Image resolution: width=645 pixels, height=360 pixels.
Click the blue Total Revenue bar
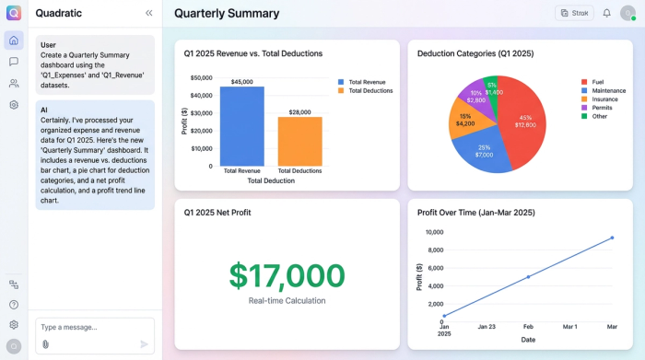point(241,126)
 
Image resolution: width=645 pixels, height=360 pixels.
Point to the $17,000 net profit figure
point(287,275)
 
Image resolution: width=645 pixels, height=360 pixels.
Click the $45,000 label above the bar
point(241,82)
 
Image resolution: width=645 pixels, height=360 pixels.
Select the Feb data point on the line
point(528,276)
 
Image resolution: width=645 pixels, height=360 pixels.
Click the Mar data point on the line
point(612,238)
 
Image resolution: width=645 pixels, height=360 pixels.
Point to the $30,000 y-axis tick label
point(201,113)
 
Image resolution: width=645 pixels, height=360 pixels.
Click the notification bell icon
point(606,13)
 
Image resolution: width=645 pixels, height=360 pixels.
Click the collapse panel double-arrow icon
point(149,13)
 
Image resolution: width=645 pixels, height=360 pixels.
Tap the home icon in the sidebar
point(14,41)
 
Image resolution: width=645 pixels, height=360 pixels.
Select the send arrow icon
point(144,344)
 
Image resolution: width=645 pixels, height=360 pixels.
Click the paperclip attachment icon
point(45,344)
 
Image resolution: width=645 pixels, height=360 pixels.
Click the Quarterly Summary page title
point(227,14)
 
